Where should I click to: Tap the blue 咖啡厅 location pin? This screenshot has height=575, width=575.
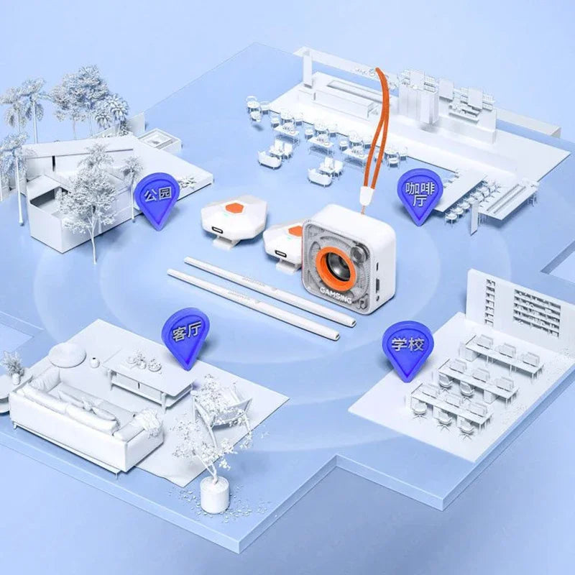click(420, 195)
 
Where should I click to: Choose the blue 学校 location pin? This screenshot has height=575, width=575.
click(408, 349)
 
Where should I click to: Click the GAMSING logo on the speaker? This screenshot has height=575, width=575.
click(336, 295)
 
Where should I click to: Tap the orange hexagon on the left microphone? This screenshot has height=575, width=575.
click(236, 208)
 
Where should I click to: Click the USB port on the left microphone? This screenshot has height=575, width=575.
click(216, 230)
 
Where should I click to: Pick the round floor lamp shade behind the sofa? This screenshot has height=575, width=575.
click(68, 354)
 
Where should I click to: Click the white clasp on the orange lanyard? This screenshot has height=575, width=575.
click(366, 196)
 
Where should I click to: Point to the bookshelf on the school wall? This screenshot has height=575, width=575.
click(536, 311)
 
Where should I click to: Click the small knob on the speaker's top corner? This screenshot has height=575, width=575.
click(359, 252)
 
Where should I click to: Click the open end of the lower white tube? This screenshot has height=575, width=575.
click(335, 336)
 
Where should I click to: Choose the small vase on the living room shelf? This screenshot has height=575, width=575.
click(95, 362)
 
